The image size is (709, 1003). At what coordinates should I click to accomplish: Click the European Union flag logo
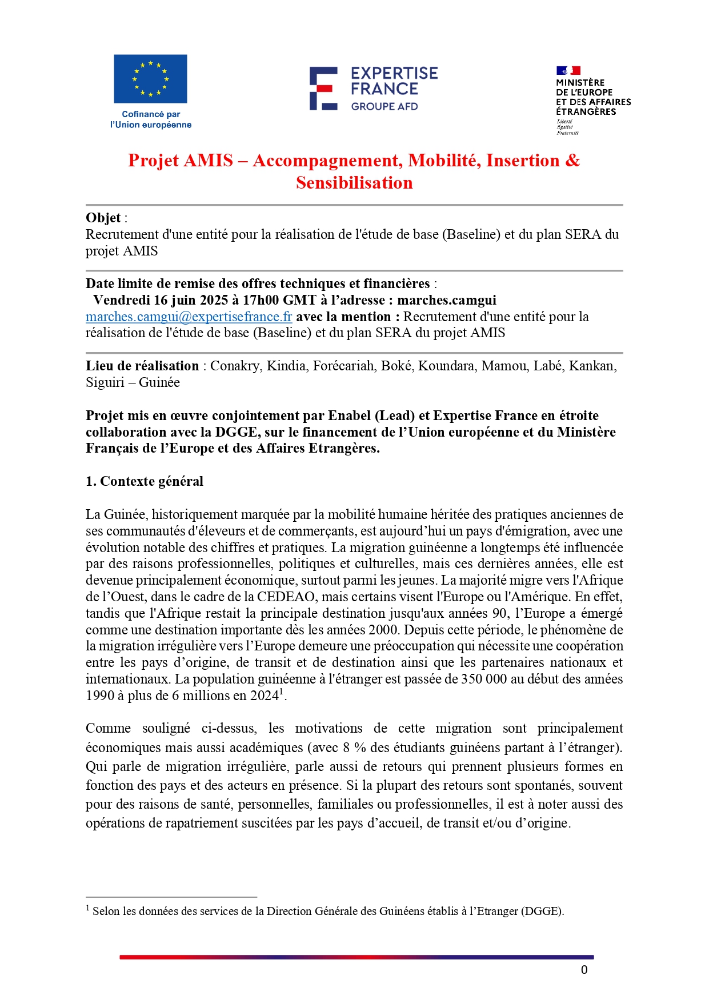[150, 79]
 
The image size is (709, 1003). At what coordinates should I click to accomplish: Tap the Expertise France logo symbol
[323, 88]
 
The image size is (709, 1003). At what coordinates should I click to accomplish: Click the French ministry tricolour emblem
[568, 70]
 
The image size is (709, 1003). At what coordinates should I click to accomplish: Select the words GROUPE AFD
[384, 106]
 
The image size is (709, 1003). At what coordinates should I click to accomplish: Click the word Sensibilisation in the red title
[354, 183]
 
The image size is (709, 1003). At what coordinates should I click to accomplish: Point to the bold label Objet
[103, 218]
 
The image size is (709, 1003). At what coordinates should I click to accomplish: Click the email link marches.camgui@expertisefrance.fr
[189, 317]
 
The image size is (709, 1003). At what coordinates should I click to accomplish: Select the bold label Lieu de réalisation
[142, 366]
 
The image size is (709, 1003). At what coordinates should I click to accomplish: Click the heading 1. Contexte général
[145, 481]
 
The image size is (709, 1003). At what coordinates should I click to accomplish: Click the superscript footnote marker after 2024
[281, 692]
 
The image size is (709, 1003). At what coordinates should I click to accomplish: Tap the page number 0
[584, 970]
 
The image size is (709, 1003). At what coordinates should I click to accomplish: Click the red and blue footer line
[356, 957]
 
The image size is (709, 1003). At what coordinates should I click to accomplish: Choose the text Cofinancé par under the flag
[151, 114]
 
